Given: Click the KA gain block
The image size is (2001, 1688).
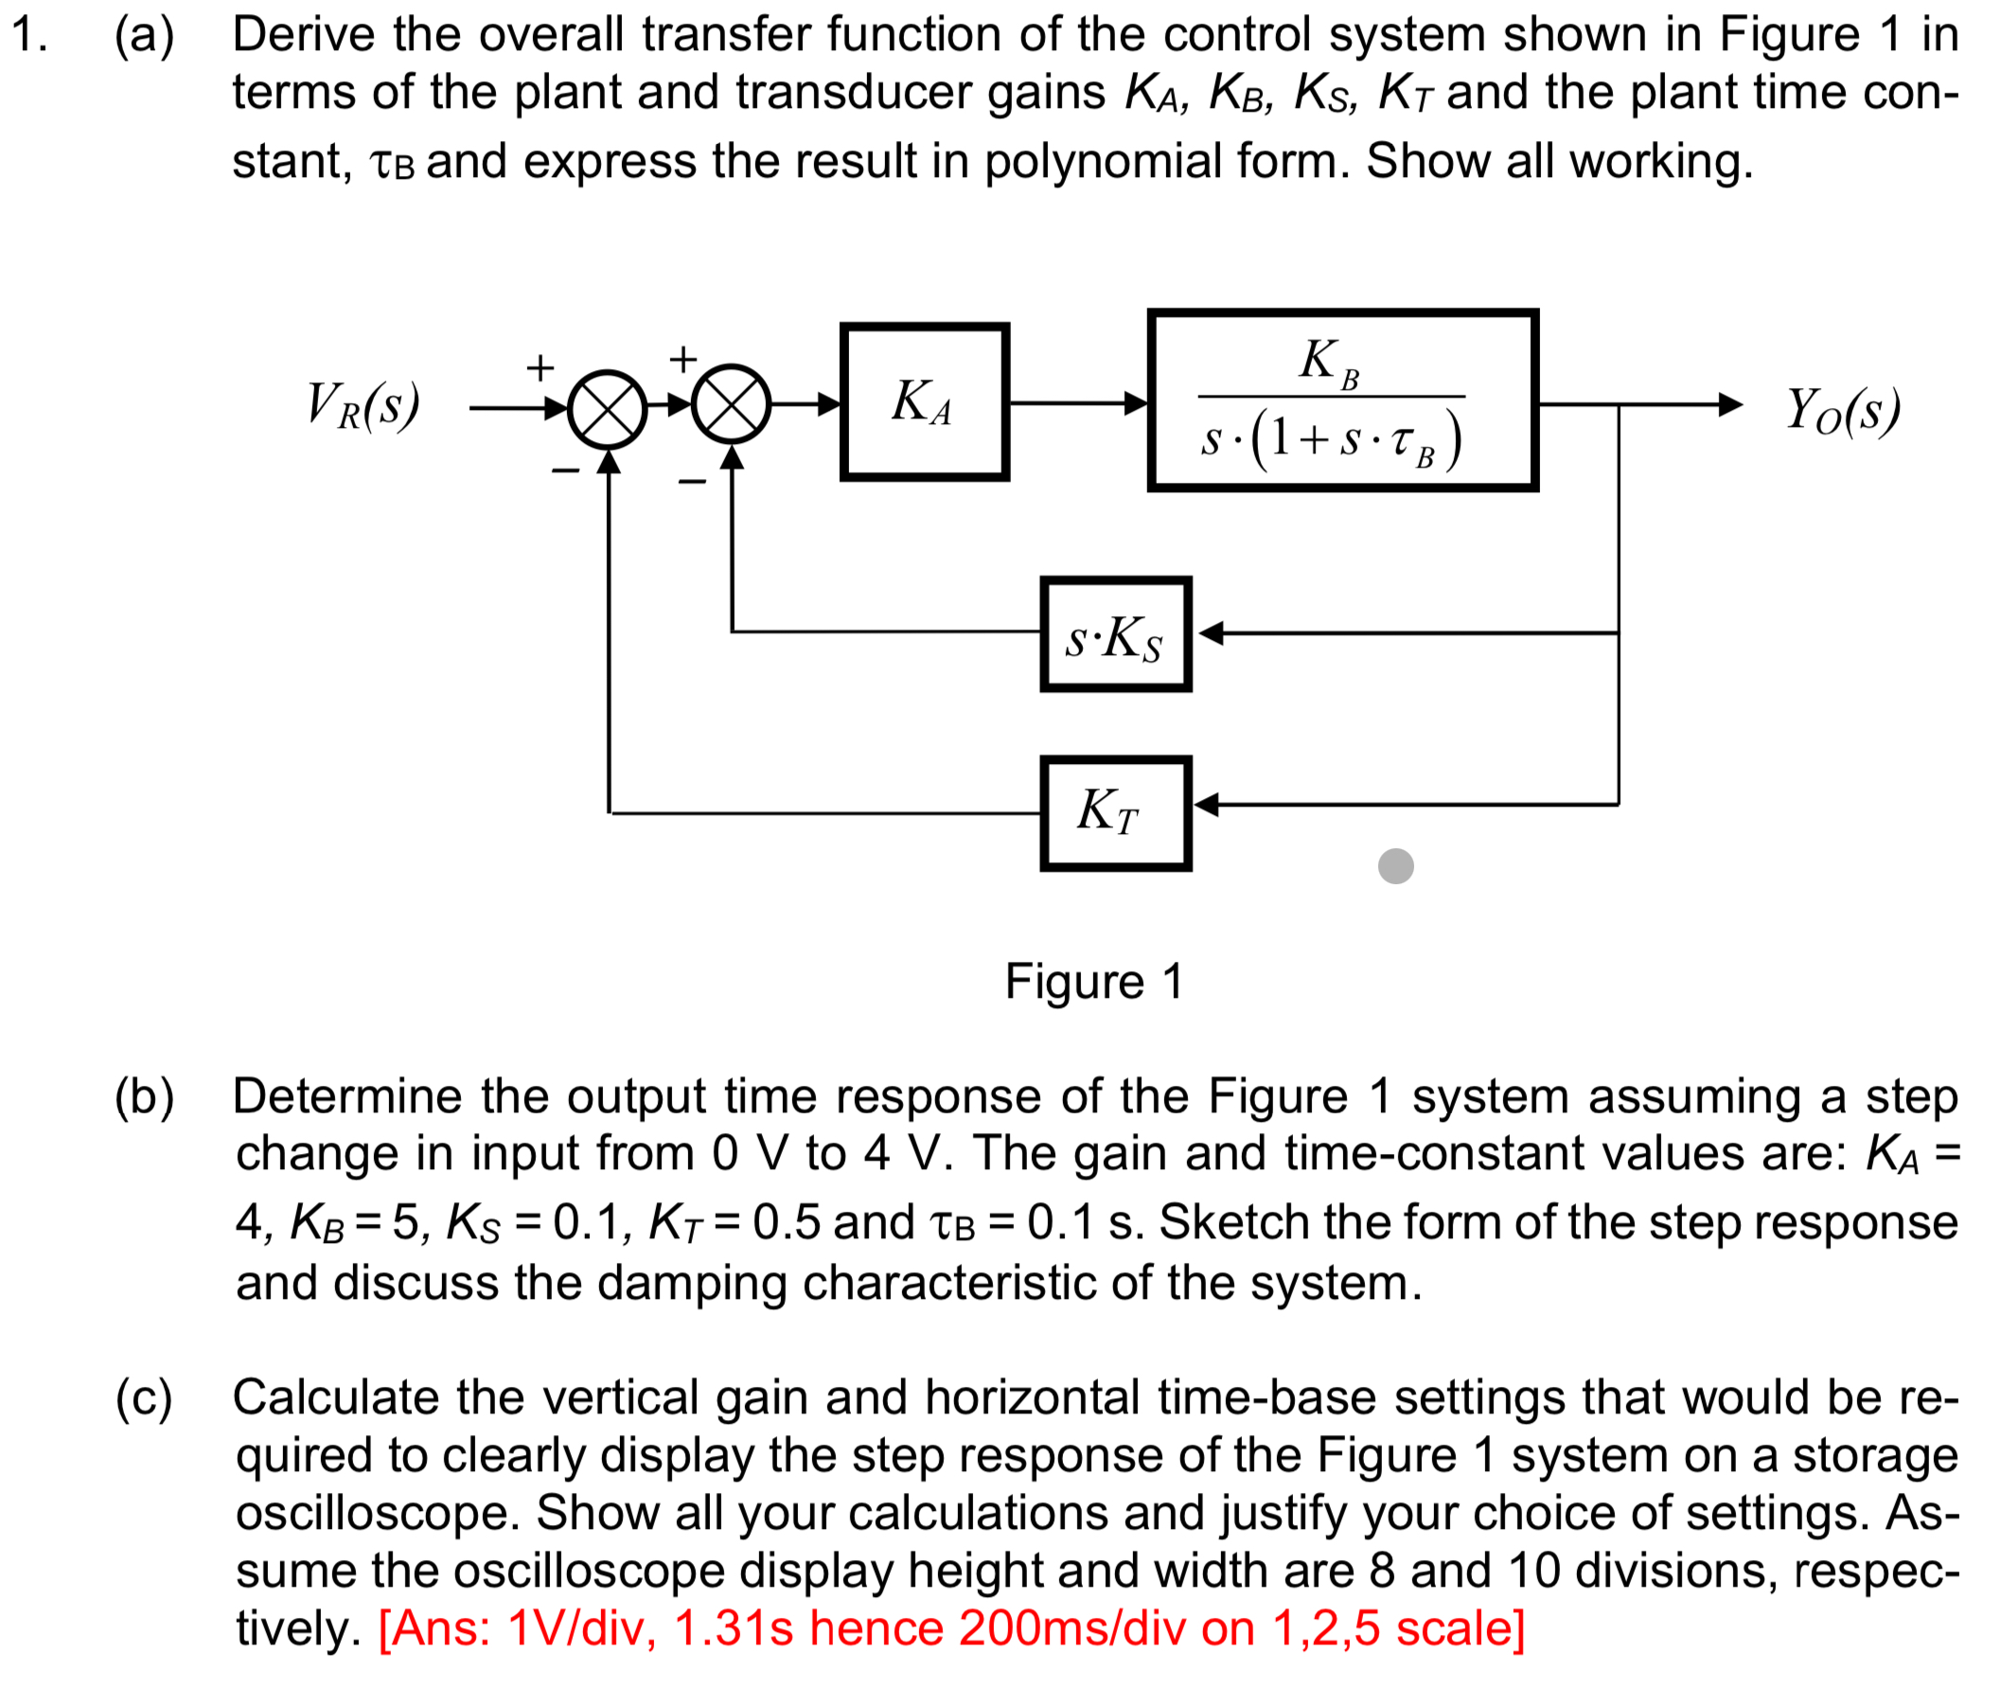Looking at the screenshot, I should coord(924,402).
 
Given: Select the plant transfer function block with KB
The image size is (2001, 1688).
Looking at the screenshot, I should coord(1342,400).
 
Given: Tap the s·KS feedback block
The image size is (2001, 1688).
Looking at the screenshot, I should coord(1115,634).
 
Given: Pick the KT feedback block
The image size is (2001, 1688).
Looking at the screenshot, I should coord(1115,813).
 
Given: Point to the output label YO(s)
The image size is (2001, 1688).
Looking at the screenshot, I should coord(1842,412).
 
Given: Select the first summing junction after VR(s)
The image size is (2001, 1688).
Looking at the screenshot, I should coord(608,409).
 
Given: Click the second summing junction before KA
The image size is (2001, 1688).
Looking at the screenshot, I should coord(732,404).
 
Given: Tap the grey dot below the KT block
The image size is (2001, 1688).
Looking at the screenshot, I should coord(1395,866).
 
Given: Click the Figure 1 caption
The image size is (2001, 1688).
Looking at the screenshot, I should coord(1094,982).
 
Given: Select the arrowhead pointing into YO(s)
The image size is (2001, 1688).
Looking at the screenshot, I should coord(1729,405).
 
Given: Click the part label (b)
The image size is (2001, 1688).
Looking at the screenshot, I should coord(145,1096).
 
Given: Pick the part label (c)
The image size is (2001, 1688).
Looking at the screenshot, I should coord(145,1398).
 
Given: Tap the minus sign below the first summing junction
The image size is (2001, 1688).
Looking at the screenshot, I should coord(565,470).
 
